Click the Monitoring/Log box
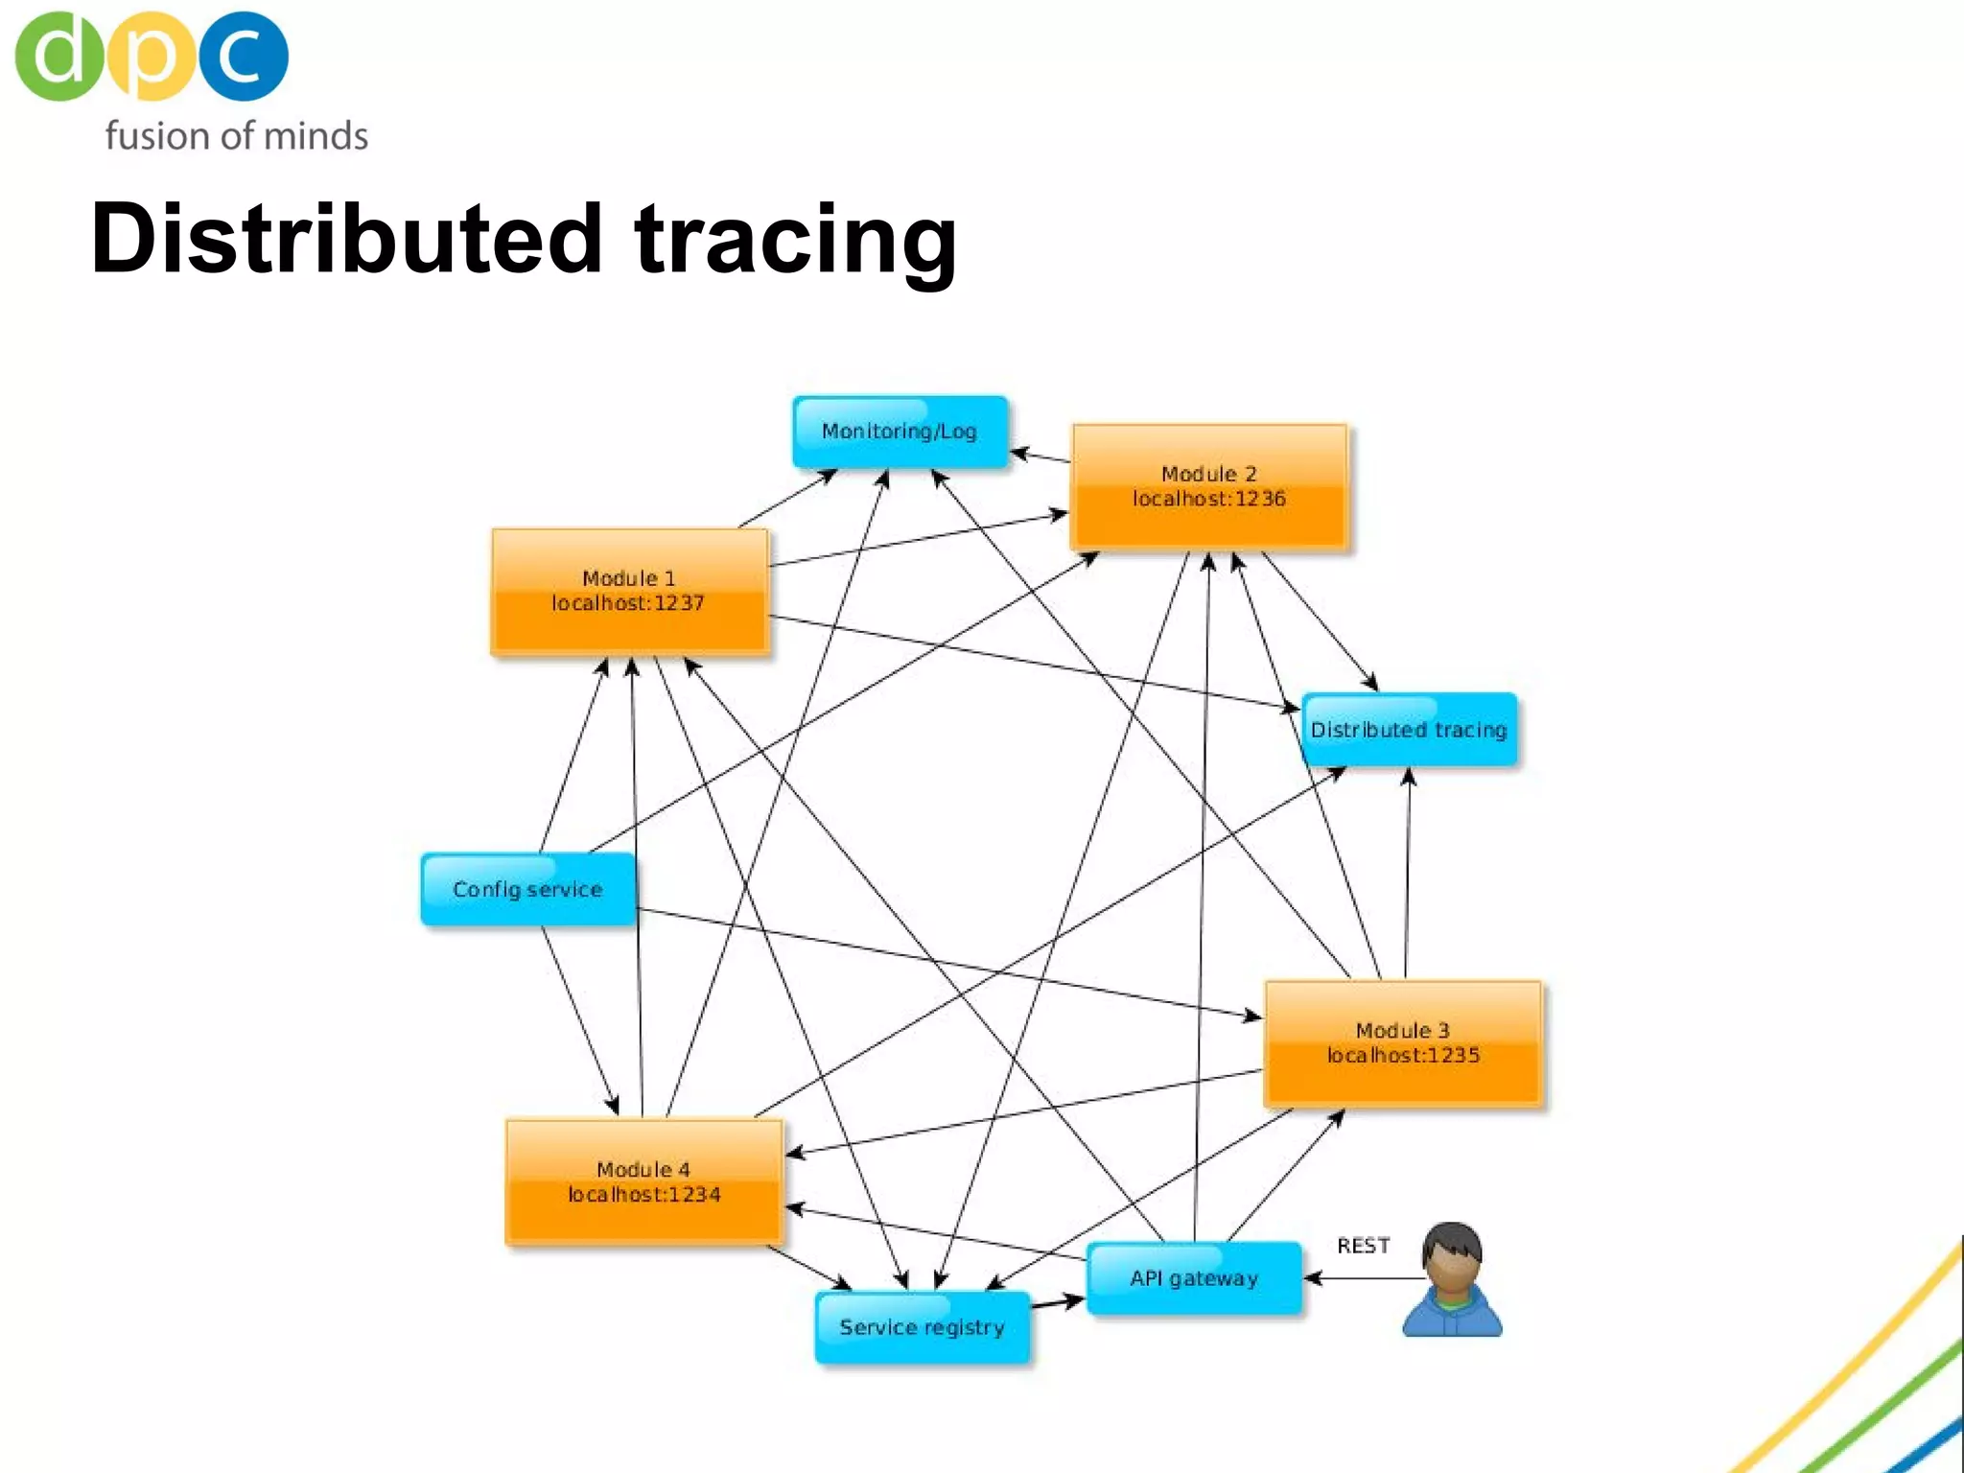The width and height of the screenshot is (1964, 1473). point(900,432)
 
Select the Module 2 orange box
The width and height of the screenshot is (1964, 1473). point(1208,486)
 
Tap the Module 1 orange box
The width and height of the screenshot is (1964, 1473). point(629,591)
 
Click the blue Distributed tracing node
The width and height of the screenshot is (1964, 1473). point(1408,730)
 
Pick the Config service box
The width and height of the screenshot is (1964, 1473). point(527,889)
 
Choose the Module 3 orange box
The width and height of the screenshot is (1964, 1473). point(1402,1042)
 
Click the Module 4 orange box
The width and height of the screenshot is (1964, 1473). point(643,1181)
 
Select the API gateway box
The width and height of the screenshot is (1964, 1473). point(1194,1278)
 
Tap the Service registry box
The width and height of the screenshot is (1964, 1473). point(922,1327)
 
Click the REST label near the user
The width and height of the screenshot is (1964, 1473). point(1363,1246)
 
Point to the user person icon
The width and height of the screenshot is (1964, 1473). point(1452,1280)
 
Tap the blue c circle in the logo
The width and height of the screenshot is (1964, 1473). point(243,56)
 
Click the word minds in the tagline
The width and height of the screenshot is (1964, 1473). point(316,136)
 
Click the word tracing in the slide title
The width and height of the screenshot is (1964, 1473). point(795,240)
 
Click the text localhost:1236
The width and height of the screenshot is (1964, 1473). point(1208,499)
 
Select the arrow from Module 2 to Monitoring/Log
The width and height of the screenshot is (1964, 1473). point(1040,456)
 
